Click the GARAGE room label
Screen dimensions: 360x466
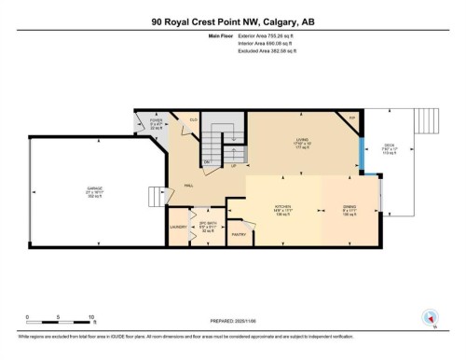click(82, 187)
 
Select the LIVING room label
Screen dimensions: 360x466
click(302, 140)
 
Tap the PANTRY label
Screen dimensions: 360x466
click(238, 234)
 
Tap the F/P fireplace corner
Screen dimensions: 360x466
click(351, 118)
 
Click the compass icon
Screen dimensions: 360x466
click(430, 317)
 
